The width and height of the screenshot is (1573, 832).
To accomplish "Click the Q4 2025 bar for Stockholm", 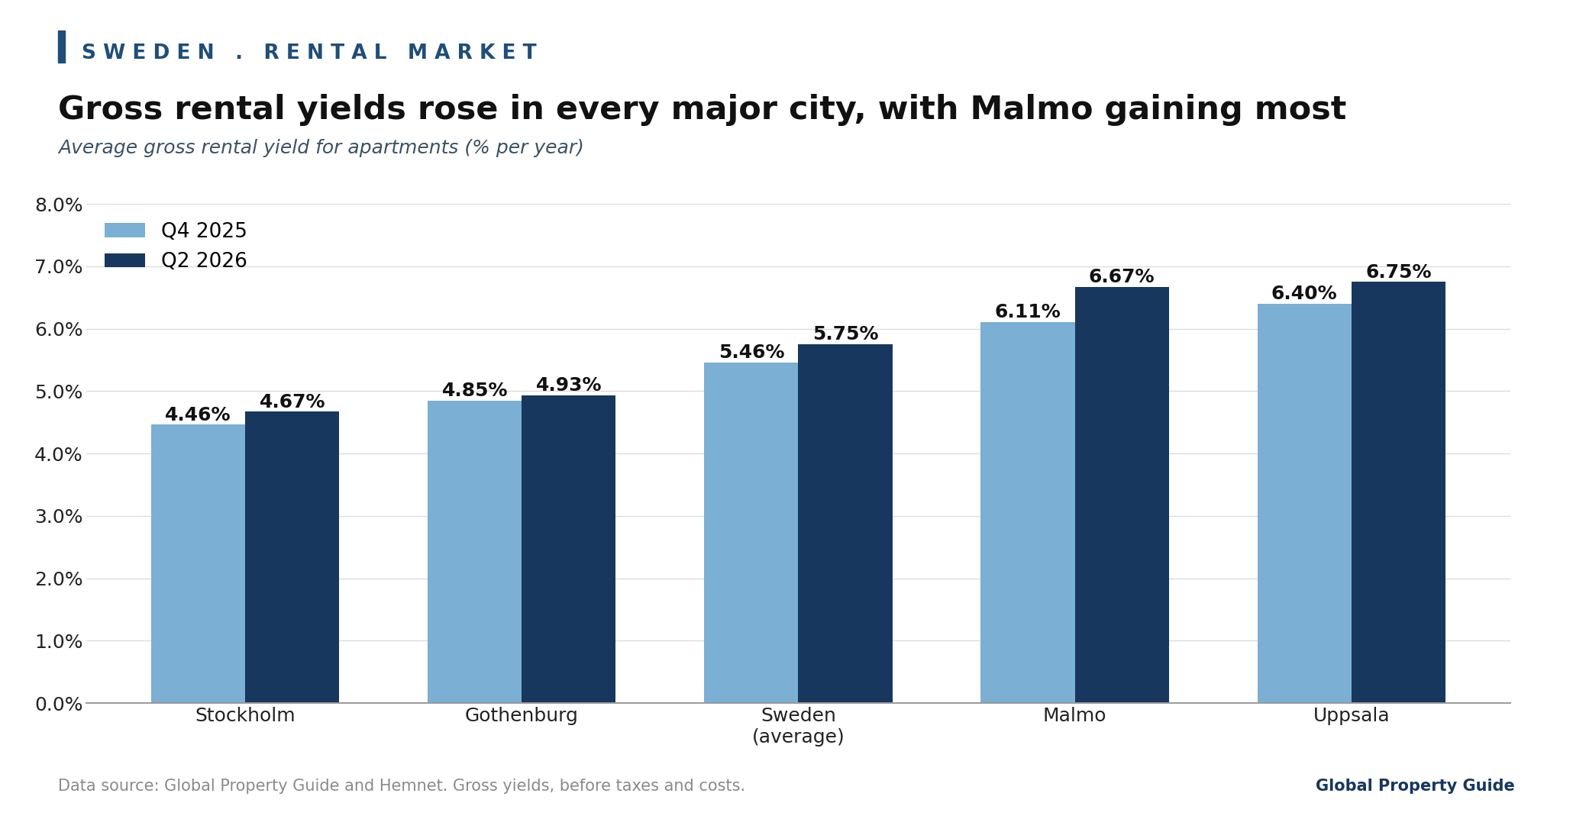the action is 198,563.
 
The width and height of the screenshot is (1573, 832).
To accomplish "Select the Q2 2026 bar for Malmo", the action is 1122,495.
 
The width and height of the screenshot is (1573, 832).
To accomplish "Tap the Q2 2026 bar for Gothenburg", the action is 568,549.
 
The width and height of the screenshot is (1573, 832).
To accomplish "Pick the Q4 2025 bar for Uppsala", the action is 1304,503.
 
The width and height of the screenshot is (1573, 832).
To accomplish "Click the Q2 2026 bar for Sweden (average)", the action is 845,524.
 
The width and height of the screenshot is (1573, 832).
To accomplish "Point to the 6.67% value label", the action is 1121,276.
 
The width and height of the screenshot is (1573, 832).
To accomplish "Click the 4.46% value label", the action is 198,414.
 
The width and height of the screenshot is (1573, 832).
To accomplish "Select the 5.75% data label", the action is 845,334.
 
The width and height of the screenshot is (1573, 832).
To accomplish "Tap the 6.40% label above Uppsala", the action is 1303,293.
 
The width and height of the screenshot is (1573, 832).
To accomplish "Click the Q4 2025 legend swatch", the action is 124,231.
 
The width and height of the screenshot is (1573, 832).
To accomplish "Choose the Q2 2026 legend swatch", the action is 124,260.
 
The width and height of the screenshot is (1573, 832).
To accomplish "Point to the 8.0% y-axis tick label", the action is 59,205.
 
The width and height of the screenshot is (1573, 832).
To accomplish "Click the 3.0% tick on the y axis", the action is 59,517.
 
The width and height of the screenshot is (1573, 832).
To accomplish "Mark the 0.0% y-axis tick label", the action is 59,704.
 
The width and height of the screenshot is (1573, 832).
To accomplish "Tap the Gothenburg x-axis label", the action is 522,716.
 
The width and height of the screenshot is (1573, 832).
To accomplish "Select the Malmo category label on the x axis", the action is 1074,716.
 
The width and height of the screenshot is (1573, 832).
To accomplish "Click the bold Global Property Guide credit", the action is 1414,785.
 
